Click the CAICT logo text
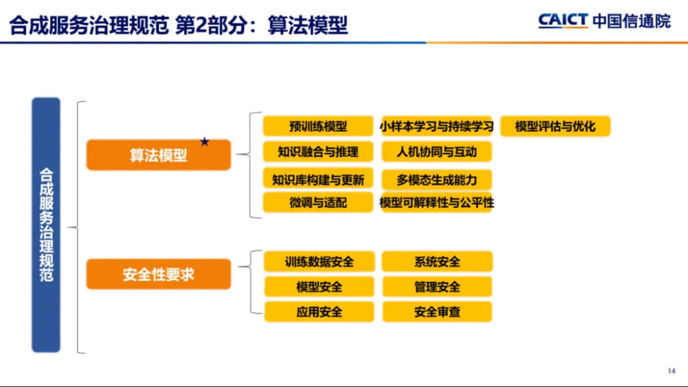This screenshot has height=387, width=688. click(x=563, y=20)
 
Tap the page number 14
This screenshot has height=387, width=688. click(x=671, y=371)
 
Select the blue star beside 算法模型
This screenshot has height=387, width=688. click(x=204, y=141)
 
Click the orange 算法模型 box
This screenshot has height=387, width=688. click(x=159, y=155)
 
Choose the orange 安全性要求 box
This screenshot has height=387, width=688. click(x=159, y=274)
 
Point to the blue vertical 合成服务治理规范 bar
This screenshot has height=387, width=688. click(x=46, y=225)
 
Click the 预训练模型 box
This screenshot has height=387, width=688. click(x=318, y=126)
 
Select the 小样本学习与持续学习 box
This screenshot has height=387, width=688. click(x=436, y=126)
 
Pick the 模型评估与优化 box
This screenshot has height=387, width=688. click(x=555, y=126)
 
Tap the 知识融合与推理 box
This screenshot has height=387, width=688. click(x=318, y=151)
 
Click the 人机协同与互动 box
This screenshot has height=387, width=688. click(x=436, y=151)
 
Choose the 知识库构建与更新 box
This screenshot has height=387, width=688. click(x=318, y=179)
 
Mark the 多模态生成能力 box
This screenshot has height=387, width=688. click(x=436, y=179)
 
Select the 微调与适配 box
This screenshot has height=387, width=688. click(x=318, y=202)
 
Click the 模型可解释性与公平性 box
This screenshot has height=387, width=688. click(x=436, y=202)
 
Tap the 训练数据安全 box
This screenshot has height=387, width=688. click(x=319, y=262)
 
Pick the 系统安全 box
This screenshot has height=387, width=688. click(x=437, y=262)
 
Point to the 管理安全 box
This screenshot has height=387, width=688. click(x=437, y=287)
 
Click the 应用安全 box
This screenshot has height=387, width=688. click(x=319, y=312)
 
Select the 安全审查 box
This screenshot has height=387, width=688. click(x=437, y=312)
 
